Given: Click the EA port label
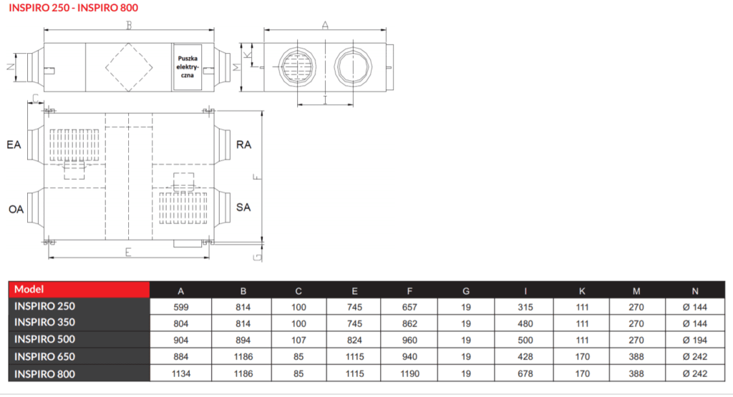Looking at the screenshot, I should point(14,144).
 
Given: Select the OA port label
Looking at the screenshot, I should point(14,209).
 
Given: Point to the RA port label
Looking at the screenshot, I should point(243,144).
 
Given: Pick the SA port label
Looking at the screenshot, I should point(243,207).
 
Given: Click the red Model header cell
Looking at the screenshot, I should point(79,290).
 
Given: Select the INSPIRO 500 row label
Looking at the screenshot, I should point(44,339).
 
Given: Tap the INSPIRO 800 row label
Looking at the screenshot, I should point(44,373).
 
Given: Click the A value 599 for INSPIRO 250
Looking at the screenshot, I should point(180,307).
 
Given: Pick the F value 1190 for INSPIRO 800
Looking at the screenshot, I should point(409,373).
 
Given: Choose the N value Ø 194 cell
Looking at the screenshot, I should point(695,340).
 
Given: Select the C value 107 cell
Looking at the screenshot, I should point(298,340).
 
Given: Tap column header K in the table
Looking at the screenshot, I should point(581,290).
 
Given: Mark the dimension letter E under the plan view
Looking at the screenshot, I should point(127,251).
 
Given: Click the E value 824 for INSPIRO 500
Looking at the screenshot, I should point(354,340).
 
